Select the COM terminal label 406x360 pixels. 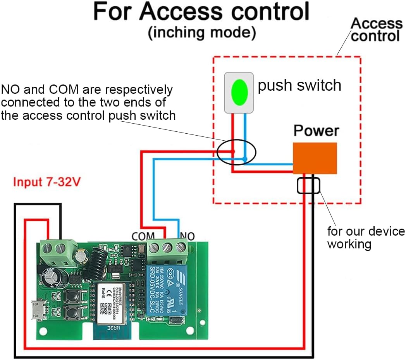click(143, 236)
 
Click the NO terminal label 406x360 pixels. click(187, 236)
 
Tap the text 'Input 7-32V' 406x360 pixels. click(47, 182)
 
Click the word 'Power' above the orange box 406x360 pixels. click(316, 131)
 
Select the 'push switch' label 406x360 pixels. click(299, 85)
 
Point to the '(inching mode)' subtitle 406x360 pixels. click(202, 33)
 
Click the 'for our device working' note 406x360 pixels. click(366, 238)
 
